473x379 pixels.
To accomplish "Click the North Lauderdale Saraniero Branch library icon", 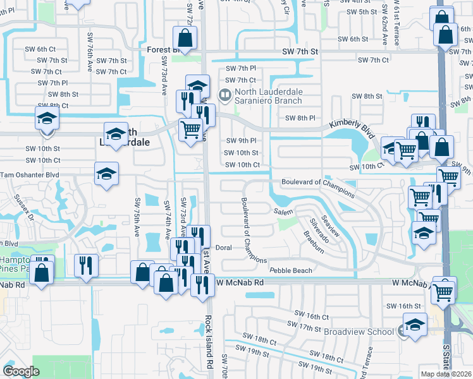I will (224, 95).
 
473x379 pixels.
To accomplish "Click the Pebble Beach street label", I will (291, 270).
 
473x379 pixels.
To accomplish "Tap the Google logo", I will (21, 371).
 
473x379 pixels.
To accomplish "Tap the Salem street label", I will (284, 212).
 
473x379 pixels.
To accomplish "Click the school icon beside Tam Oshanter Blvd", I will (106, 174).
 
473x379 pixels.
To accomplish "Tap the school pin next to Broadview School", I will (414, 326).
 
